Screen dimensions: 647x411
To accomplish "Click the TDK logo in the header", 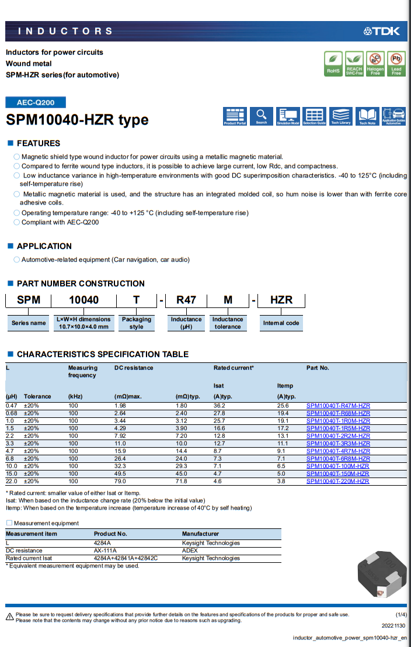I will (382, 31).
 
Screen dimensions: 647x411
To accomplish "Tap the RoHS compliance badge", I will (333, 64).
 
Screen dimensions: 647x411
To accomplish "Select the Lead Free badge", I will (396, 64).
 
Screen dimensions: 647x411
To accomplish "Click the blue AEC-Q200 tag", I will (36, 102).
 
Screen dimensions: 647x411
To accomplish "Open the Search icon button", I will (262, 116).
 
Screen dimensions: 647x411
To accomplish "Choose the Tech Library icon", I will (341, 116).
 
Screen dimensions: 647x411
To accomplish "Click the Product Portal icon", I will (235, 116).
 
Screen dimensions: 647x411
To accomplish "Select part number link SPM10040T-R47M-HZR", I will (338, 406).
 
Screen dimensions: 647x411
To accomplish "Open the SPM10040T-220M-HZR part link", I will (337, 482).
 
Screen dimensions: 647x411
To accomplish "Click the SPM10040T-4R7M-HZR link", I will (338, 451).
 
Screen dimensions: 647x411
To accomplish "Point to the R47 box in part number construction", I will (186, 300).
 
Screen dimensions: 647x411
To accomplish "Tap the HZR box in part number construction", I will (281, 300).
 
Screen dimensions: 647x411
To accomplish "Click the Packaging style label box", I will (136, 323).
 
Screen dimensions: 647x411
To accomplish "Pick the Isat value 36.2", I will (220, 406).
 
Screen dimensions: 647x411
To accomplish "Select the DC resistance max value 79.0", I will (121, 482).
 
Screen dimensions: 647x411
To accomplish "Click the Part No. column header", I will (318, 368).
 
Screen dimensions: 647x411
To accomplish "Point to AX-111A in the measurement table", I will (106, 551).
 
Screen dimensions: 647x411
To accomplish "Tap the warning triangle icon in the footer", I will (9, 617).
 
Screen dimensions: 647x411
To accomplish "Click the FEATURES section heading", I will (38, 143).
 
